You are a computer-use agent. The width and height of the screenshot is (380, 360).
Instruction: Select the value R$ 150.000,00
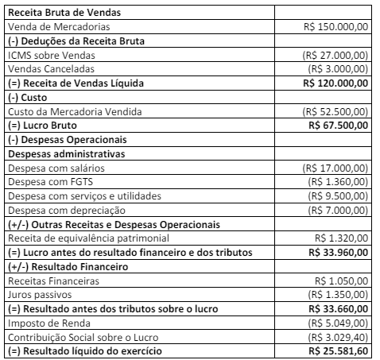pyautogui.click(x=336, y=26)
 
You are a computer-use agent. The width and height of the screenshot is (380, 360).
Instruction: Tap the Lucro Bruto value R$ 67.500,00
pyautogui.click(x=338, y=124)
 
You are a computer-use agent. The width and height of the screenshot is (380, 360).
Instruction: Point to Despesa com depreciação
pyautogui.click(x=64, y=209)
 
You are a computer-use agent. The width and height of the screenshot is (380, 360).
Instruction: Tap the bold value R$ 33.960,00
pyautogui.click(x=338, y=251)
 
